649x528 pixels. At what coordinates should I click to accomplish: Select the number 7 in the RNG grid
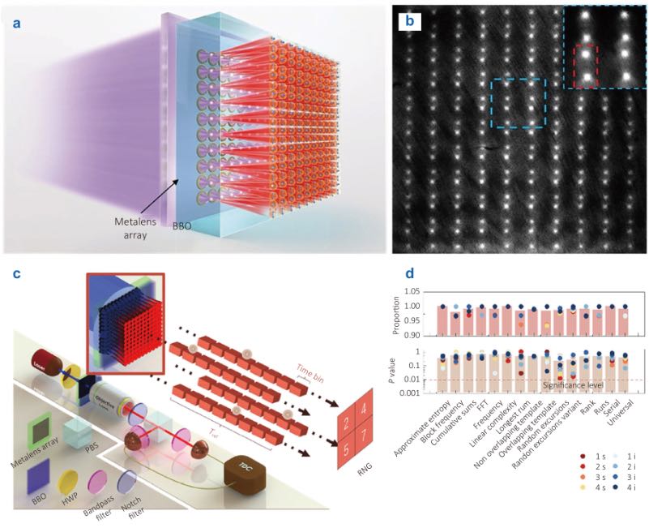point(369,466)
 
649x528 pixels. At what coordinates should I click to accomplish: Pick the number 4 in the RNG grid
point(369,434)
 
